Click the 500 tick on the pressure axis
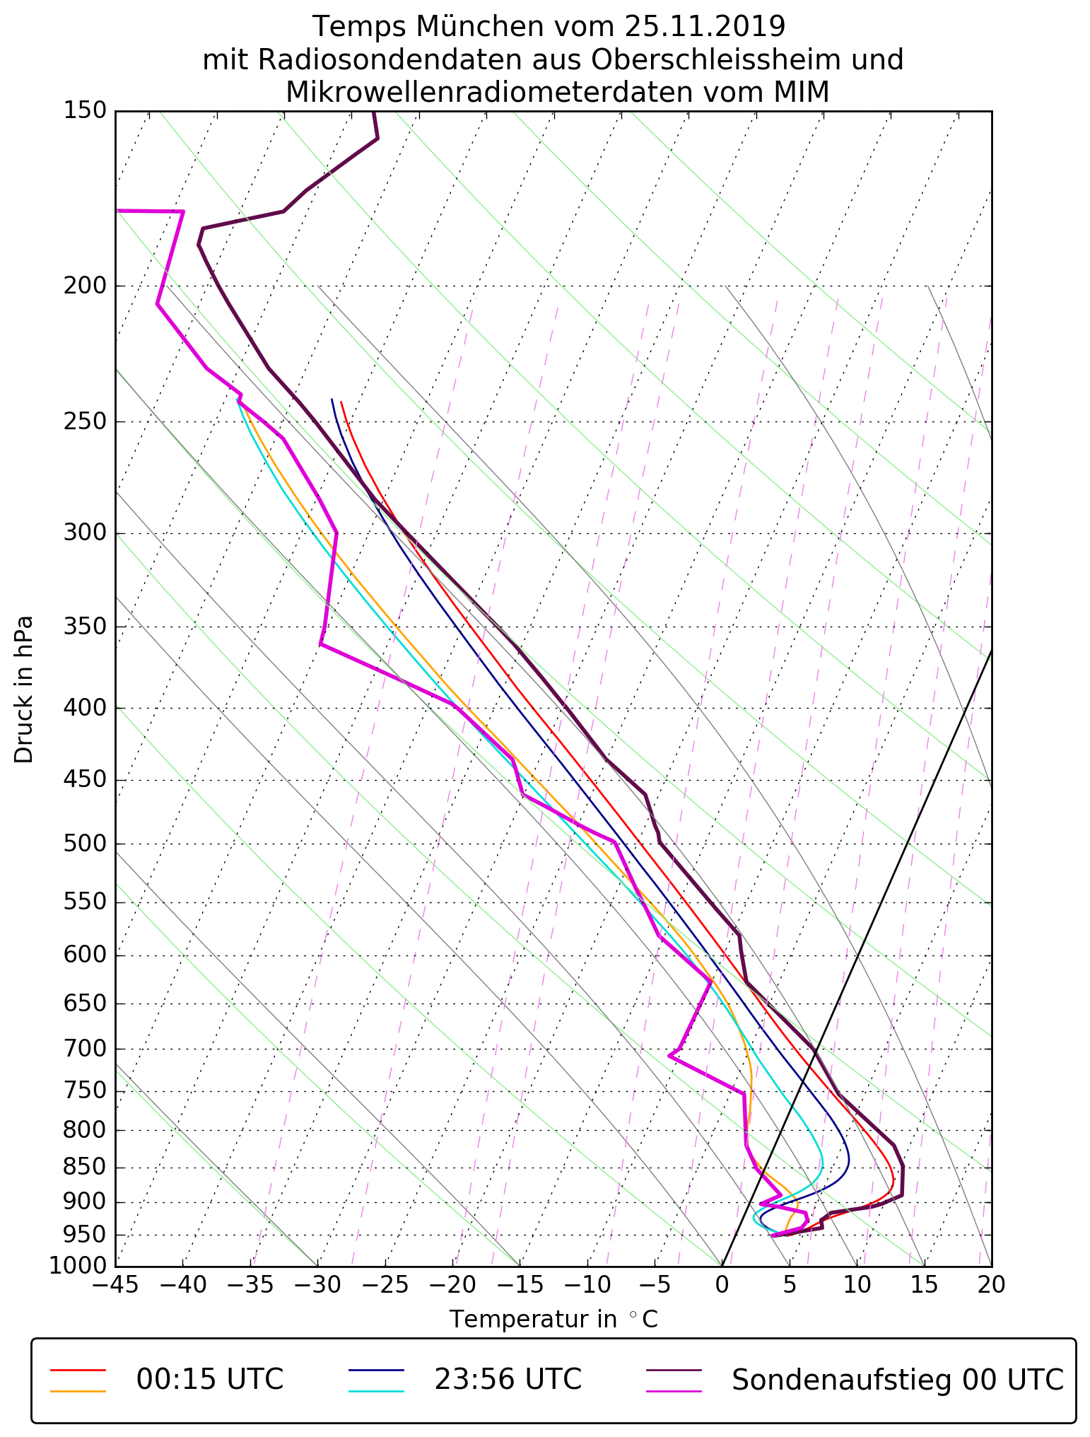[x=85, y=844]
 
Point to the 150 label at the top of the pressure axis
[x=85, y=111]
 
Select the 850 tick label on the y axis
[x=85, y=1168]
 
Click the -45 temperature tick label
[x=115, y=1284]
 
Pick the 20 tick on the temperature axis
[x=991, y=1284]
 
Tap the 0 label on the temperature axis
[x=722, y=1284]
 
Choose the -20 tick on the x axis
[x=452, y=1284]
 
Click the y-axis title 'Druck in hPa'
[x=24, y=690]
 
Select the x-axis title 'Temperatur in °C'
[x=553, y=1320]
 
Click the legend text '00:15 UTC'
[x=210, y=1380]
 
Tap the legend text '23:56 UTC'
[x=508, y=1380]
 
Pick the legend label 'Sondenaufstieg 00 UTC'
[x=898, y=1380]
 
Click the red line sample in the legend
[x=78, y=1370]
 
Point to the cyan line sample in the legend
[x=376, y=1391]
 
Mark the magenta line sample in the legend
[x=674, y=1391]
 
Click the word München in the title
[x=480, y=27]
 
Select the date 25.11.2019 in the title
[x=705, y=27]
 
